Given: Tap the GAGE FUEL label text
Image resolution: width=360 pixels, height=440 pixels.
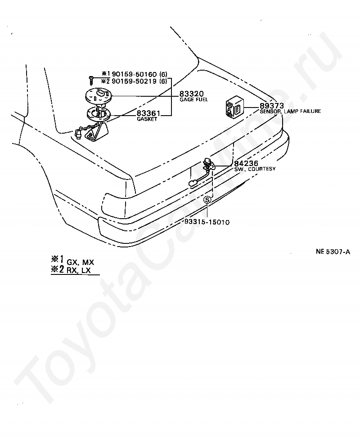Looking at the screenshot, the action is click(x=193, y=99).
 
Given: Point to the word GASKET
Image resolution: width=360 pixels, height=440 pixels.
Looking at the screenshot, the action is click(x=147, y=120).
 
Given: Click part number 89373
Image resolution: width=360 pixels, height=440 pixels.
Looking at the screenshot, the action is click(x=271, y=106).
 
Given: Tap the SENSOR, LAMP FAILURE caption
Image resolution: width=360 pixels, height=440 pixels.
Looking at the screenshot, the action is click(x=290, y=111).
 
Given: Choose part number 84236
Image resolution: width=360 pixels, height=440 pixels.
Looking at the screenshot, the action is click(x=245, y=164).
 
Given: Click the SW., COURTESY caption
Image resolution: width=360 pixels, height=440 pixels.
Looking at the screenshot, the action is click(x=255, y=169).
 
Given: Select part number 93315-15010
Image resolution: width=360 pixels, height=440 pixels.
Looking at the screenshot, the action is click(x=207, y=222).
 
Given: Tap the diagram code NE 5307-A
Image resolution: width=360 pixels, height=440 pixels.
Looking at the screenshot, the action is click(x=333, y=252).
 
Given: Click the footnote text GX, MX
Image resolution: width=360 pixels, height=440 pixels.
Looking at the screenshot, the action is click(x=81, y=261).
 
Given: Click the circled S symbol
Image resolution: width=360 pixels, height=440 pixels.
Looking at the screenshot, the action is click(x=207, y=199).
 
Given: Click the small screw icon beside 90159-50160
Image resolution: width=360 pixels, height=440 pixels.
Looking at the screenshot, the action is click(x=91, y=80).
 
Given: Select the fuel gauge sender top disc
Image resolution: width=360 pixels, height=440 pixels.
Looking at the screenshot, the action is click(x=98, y=95).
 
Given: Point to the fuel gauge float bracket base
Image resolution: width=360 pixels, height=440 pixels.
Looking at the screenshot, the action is click(x=97, y=133).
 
